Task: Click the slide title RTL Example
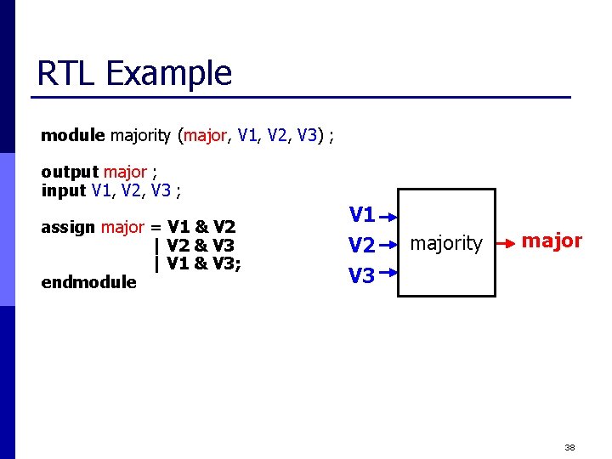(x=134, y=73)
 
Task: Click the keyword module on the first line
(x=72, y=134)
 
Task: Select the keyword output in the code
(x=70, y=173)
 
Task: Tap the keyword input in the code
(x=64, y=190)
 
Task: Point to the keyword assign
(x=68, y=227)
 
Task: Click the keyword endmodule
(x=88, y=282)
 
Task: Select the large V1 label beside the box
(x=362, y=214)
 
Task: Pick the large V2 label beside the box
(x=362, y=245)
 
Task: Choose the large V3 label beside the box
(x=362, y=275)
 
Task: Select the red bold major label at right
(x=552, y=241)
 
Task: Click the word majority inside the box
(x=446, y=244)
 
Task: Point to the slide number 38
(x=569, y=446)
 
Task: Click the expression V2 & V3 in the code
(x=201, y=245)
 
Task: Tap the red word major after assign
(x=122, y=227)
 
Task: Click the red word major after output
(x=125, y=173)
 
